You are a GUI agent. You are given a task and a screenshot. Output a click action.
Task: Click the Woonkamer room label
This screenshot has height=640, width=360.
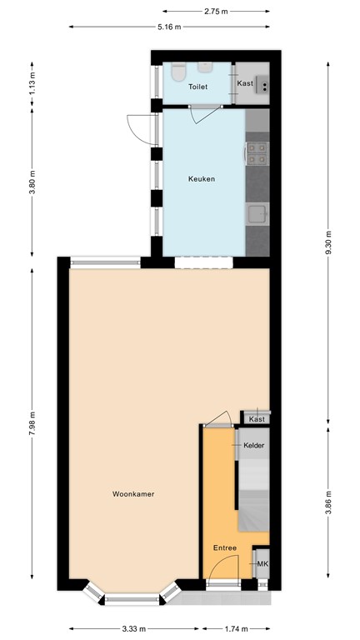(x=133, y=494)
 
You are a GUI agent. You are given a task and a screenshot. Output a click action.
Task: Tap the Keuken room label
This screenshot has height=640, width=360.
(x=201, y=179)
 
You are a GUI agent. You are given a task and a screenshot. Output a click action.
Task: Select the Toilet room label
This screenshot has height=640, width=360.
(x=198, y=87)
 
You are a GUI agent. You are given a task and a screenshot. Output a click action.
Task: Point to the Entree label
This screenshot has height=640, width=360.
(x=224, y=547)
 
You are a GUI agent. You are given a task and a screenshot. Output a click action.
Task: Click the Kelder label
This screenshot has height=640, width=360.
(x=254, y=446)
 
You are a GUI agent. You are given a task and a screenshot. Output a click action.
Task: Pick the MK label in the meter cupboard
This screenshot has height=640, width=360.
(x=262, y=564)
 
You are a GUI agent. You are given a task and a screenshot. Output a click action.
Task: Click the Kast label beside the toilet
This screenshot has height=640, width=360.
(x=244, y=83)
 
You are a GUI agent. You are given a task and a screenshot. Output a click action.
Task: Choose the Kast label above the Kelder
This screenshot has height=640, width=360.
(x=257, y=419)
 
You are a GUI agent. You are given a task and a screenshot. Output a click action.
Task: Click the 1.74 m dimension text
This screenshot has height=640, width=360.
(x=236, y=629)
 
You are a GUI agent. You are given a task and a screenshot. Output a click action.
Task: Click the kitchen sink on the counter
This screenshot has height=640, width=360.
(x=258, y=214)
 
